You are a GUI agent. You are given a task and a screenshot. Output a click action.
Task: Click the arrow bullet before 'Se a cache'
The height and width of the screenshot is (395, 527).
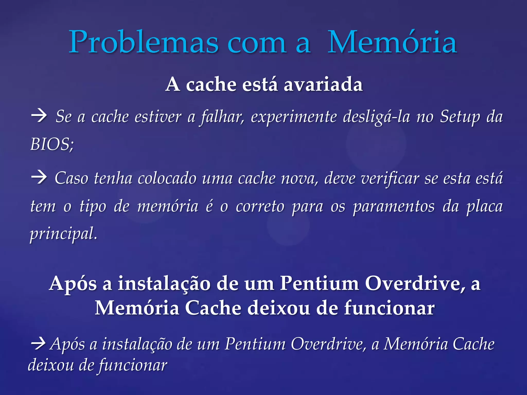pos(39,116)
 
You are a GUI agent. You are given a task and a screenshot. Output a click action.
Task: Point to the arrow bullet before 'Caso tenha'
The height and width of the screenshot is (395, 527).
pos(39,178)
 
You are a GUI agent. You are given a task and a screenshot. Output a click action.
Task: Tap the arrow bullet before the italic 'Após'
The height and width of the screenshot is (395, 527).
pos(38,344)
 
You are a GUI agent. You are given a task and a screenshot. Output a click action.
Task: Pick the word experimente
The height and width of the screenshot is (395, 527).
pos(294,117)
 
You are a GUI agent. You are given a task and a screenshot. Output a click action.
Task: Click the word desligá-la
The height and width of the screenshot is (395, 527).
pos(376,117)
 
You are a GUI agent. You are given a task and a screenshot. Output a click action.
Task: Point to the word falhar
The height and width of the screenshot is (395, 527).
pos(222,117)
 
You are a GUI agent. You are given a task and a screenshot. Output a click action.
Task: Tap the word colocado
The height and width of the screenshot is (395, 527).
pos(167,178)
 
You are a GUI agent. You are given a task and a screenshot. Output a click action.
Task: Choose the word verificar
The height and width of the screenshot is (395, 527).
pos(371,178)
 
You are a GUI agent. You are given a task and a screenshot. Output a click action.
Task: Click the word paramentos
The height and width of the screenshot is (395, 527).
pos(394,207)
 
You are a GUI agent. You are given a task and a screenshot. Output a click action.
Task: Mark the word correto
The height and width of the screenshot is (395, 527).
pos(260,207)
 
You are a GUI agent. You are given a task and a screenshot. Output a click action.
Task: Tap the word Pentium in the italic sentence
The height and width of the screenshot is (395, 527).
pos(255,344)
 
